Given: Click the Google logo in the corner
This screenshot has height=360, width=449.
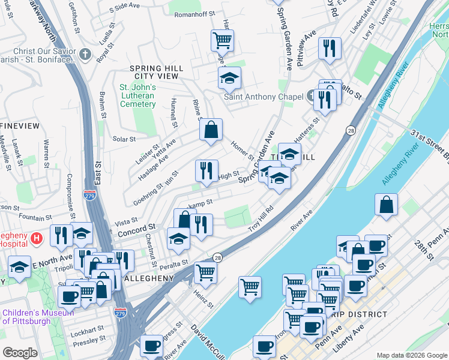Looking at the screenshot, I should point(20,353).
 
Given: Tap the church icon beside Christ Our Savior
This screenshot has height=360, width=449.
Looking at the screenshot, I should point(85,55).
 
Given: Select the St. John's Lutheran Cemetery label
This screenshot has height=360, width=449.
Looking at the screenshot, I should point(137,95).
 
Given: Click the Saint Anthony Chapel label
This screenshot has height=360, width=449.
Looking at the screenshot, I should point(259,97).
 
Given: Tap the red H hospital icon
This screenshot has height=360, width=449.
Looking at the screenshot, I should point(37,239).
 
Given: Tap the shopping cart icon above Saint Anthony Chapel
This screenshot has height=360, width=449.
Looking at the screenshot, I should point(222,41).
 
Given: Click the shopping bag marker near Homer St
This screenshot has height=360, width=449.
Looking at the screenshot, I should point(211,130).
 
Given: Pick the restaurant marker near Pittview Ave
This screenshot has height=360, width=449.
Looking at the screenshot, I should point(330,49).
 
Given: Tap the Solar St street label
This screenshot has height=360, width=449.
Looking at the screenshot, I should point(124,139).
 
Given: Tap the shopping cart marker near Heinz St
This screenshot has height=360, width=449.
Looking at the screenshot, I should point(206,273).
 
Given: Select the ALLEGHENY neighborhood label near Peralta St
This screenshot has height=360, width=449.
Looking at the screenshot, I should point(148,278).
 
